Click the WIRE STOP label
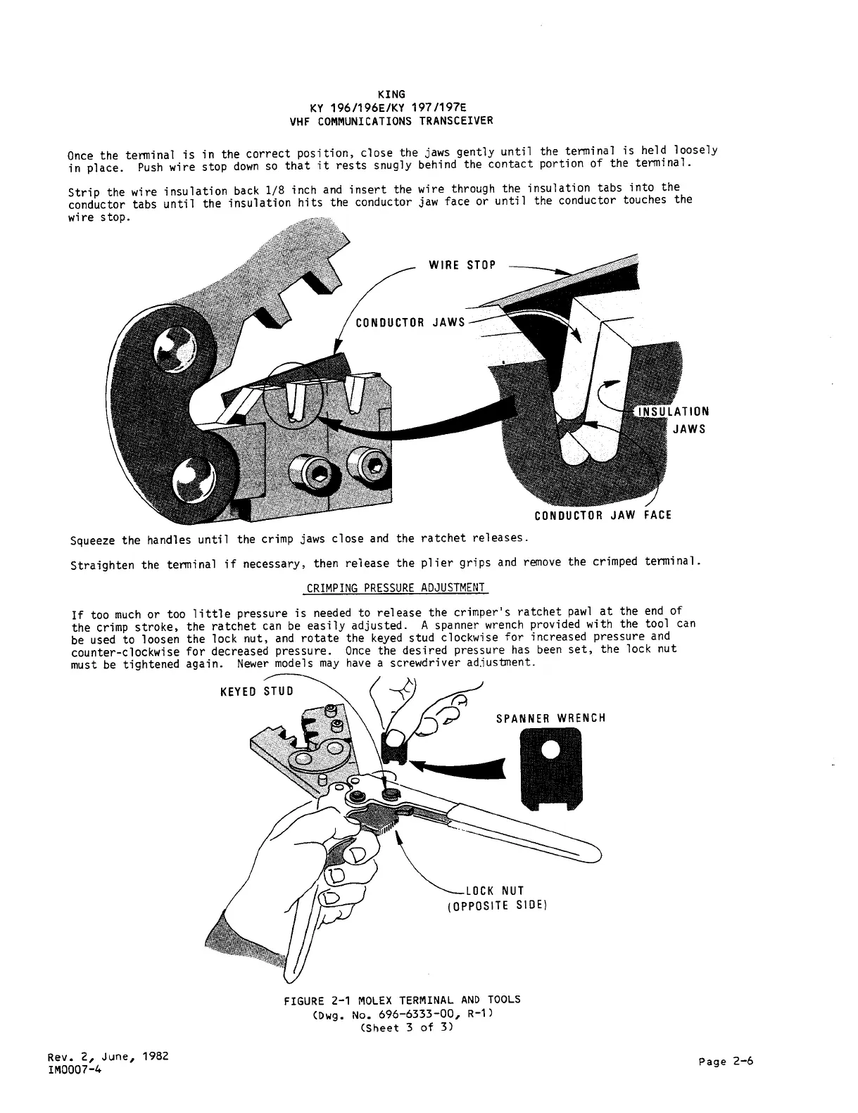[x=462, y=265]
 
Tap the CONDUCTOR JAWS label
[x=410, y=323]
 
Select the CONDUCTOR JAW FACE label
[x=603, y=515]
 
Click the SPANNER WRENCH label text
[x=550, y=718]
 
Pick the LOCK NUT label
[x=495, y=891]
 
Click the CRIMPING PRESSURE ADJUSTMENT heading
[x=396, y=587]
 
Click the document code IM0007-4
[x=75, y=1069]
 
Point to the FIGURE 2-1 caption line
[x=402, y=1000]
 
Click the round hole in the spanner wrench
[x=550, y=751]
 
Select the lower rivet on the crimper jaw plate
[x=191, y=480]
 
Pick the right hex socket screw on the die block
[x=370, y=464]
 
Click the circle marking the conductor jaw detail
[x=294, y=397]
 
